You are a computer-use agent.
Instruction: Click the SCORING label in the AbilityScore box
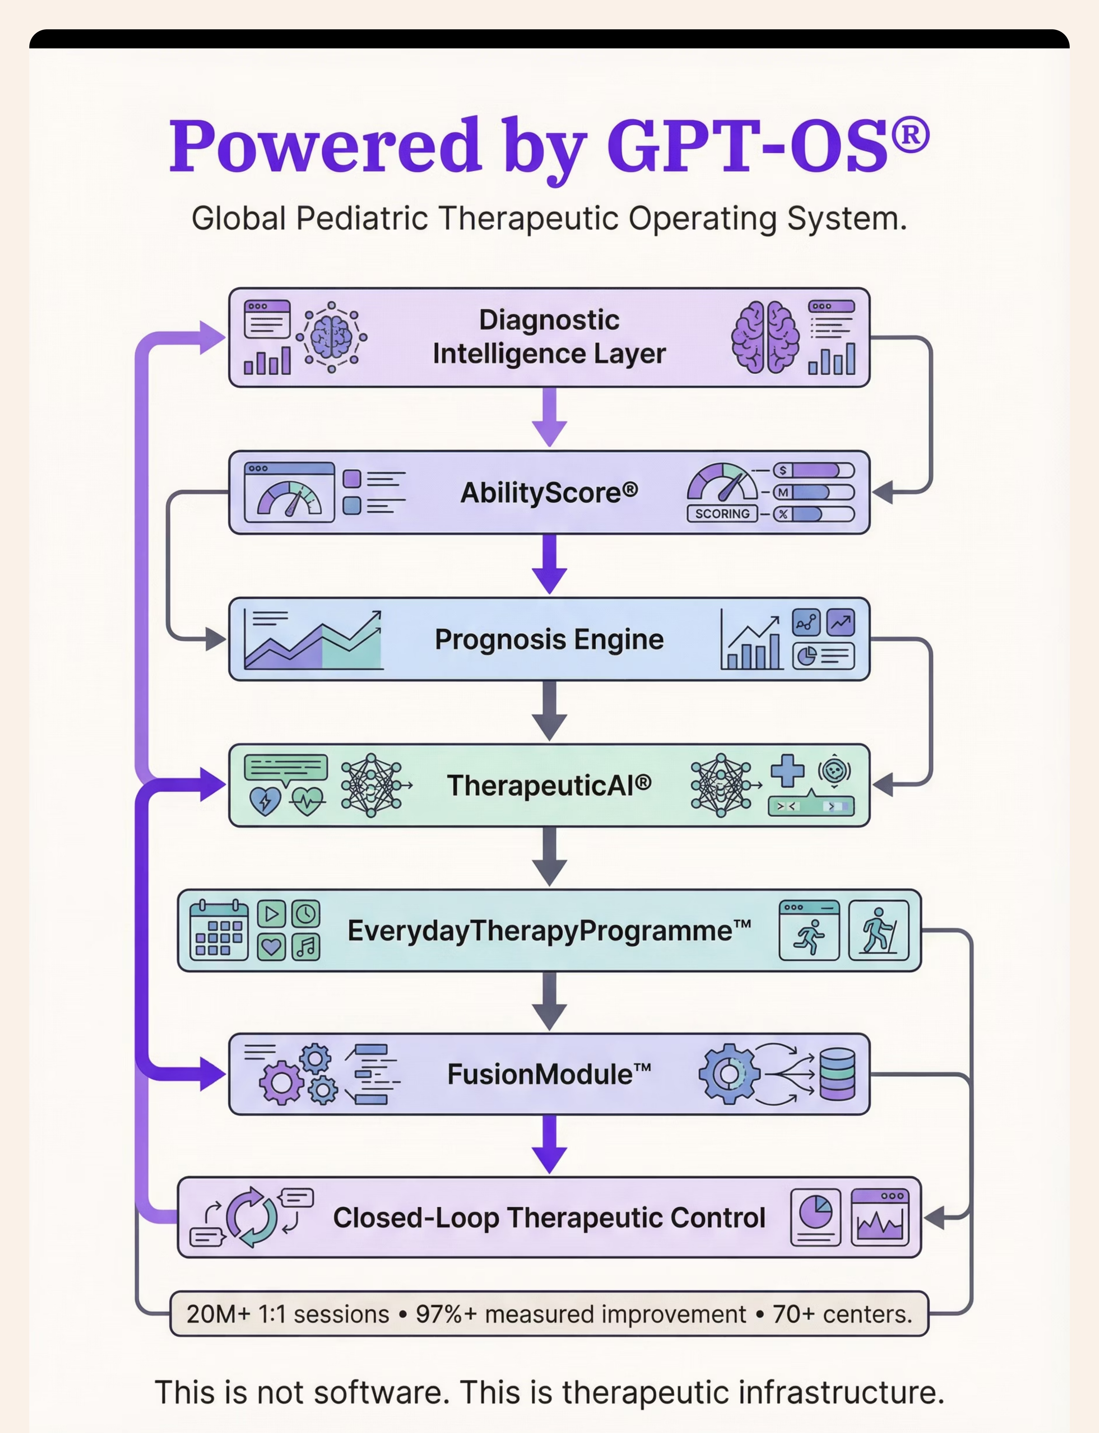click(x=722, y=514)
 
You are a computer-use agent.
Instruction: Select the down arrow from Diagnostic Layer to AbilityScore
click(x=549, y=418)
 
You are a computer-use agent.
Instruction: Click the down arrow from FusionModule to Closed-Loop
click(x=549, y=1145)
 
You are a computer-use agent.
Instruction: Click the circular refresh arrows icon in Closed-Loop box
click(x=251, y=1217)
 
